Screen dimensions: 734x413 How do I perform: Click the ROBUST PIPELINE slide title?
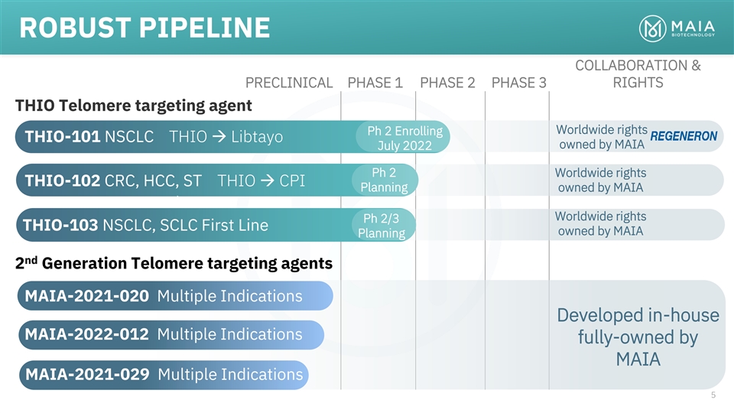145,28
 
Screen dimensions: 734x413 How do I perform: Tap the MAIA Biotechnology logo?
677,28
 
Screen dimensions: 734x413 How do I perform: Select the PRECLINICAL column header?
289,83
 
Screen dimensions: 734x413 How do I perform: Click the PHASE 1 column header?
375,83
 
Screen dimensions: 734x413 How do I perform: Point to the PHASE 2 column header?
447,83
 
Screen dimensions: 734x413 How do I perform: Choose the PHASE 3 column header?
518,83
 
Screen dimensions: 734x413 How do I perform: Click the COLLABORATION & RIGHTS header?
638,74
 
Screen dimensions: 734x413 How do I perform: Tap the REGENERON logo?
684,136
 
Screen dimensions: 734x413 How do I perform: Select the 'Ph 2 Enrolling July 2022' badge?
403,137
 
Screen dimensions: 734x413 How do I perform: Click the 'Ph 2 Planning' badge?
385,180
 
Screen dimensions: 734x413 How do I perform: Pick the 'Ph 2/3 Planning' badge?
383,225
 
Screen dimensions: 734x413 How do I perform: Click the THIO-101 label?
62,137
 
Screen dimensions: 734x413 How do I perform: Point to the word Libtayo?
257,137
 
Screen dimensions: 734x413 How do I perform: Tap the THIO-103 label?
60,225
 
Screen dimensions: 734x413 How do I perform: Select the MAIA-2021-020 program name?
86,296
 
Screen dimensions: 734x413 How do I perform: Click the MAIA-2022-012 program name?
86,334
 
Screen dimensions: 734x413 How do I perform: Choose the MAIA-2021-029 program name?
87,375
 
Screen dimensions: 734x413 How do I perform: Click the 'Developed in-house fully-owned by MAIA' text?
638,337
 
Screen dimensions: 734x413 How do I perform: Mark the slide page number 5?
713,395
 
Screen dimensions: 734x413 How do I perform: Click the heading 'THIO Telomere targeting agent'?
133,106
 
